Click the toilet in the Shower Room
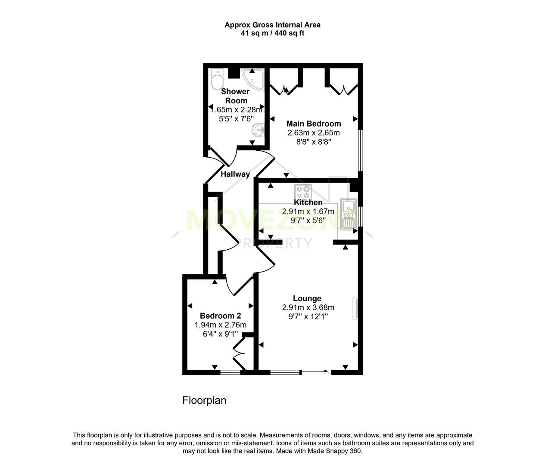217,79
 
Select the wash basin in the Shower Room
258,129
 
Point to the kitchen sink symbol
348,214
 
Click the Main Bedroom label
314,124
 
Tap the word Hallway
235,174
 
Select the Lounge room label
307,298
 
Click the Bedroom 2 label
220,316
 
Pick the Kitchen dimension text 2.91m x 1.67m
308,211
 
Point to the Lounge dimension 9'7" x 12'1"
308,316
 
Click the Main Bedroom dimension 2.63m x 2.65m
314,133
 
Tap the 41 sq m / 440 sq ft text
272,33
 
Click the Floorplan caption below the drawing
204,400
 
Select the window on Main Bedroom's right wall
361,151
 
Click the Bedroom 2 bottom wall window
230,372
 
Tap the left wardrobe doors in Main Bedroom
285,90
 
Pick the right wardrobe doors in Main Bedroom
343,90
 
